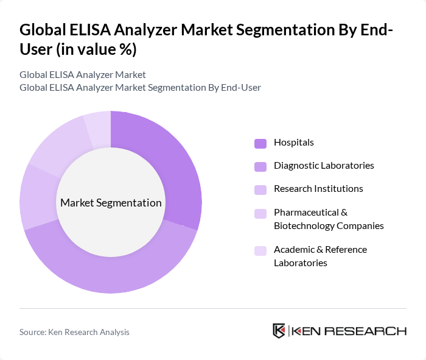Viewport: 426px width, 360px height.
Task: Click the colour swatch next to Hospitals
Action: pos(260,143)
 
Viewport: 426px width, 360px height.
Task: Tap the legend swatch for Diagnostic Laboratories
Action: pos(260,166)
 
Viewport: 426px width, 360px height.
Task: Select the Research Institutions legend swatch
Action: pos(260,189)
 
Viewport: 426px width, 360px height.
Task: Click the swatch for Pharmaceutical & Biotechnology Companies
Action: pos(260,213)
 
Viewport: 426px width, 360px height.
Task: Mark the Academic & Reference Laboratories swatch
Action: pos(260,250)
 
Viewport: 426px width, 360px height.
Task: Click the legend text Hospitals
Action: pos(294,143)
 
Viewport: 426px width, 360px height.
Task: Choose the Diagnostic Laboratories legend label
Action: pos(324,166)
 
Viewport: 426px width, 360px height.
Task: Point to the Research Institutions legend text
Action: pos(318,189)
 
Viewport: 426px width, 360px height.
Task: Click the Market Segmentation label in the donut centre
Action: pos(111,203)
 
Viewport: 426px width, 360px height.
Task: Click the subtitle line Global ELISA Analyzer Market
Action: pos(83,75)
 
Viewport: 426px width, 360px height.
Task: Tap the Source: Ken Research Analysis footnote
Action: pos(74,332)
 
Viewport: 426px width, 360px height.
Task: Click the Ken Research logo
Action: pos(340,331)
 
